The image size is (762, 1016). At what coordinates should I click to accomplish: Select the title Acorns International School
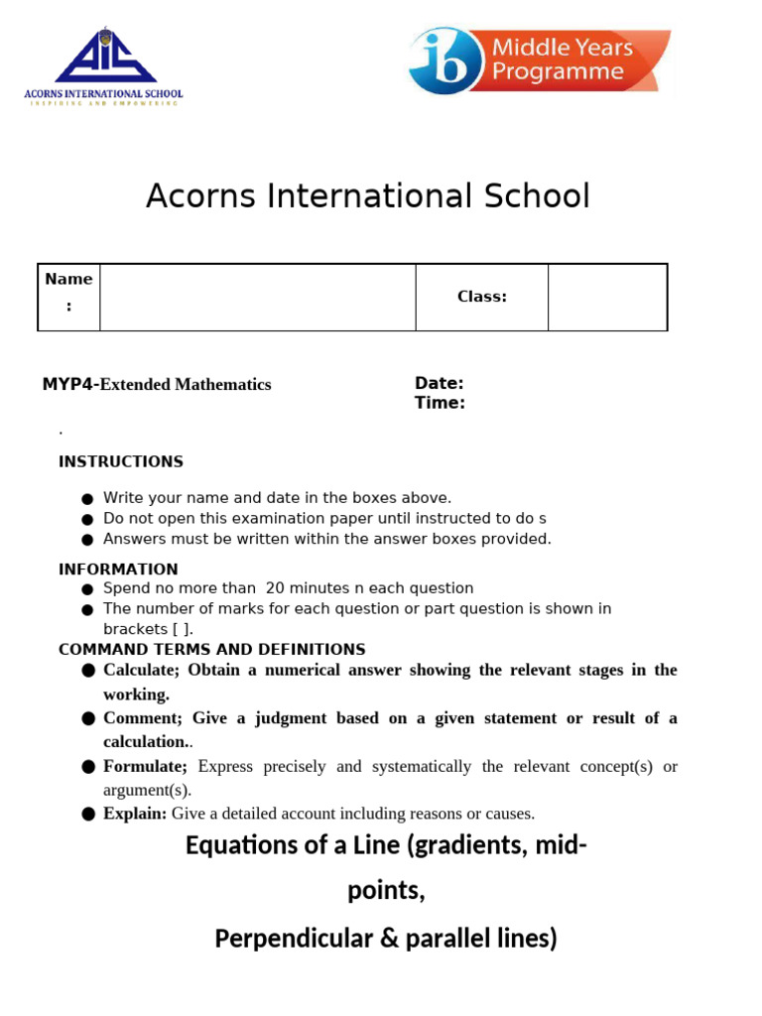367,195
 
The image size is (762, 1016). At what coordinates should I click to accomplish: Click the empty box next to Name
257,297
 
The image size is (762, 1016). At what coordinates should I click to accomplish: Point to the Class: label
481,297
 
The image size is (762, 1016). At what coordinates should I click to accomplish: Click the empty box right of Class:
607,297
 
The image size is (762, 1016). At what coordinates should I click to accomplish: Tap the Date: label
439,383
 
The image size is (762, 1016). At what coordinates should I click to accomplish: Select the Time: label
439,403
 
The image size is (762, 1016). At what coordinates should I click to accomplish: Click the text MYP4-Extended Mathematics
156,384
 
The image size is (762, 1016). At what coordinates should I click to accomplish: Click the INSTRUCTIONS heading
120,461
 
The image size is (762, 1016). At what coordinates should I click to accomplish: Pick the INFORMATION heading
118,570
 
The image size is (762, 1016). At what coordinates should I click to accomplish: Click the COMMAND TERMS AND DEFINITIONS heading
211,649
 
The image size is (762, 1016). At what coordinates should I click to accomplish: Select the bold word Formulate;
145,766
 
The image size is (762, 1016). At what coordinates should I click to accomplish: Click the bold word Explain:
135,814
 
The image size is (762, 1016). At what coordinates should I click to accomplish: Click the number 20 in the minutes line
275,588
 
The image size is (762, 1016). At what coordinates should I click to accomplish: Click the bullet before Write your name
87,499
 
